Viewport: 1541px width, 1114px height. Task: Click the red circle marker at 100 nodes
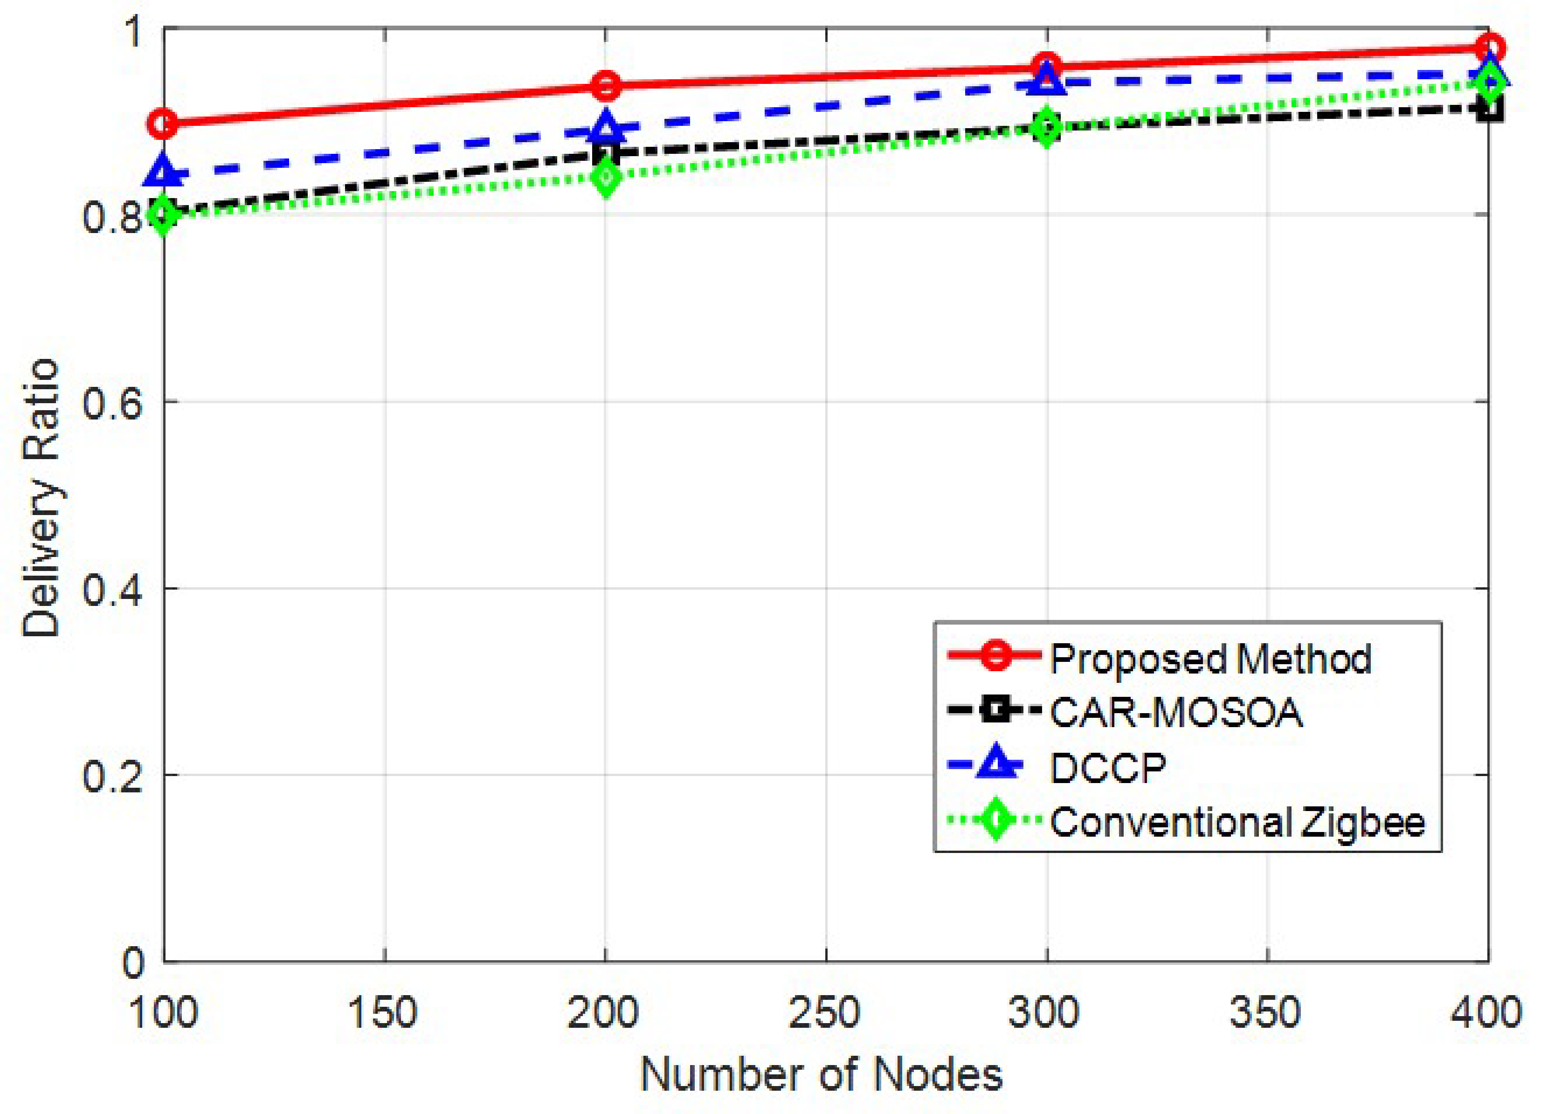point(163,124)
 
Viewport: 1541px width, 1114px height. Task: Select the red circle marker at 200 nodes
point(605,86)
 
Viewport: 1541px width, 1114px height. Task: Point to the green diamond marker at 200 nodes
point(605,177)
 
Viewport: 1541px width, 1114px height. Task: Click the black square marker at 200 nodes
point(605,153)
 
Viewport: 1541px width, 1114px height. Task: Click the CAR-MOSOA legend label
point(1176,713)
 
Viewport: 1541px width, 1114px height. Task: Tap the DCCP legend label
point(1107,768)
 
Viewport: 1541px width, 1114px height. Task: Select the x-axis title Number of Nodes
point(822,1075)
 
